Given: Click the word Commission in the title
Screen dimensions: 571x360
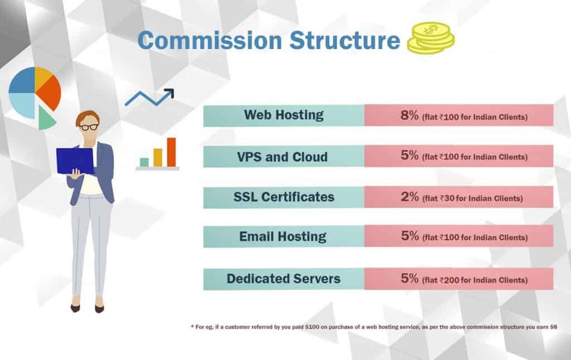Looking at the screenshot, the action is pos(210,40).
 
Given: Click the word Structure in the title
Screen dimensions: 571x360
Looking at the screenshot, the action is pos(345,40).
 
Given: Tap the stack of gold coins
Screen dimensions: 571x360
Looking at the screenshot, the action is pos(431,38).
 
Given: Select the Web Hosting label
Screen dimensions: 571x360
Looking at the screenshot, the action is pos(284,115).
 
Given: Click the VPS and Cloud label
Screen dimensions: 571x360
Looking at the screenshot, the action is pos(282,157).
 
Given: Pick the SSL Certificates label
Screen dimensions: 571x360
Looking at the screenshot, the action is pos(284,197).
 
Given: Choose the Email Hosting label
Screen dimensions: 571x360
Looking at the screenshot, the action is pos(283,237).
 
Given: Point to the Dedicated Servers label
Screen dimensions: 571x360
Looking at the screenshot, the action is pos(283,279).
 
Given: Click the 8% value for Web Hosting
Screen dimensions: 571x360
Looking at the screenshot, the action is pos(410,115).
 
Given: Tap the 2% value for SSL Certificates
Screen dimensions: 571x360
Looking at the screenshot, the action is pos(410,197).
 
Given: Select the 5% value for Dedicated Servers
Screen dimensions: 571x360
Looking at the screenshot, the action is pos(410,279).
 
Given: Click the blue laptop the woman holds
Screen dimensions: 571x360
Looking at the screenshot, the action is pos(75,160).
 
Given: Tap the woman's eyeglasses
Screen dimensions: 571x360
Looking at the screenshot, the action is pos(89,127).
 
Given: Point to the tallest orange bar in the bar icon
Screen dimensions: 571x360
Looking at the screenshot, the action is pos(171,152).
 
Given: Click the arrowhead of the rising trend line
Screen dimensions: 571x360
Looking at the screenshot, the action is pos(170,93).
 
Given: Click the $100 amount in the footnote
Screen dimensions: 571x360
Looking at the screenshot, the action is pos(312,327).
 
